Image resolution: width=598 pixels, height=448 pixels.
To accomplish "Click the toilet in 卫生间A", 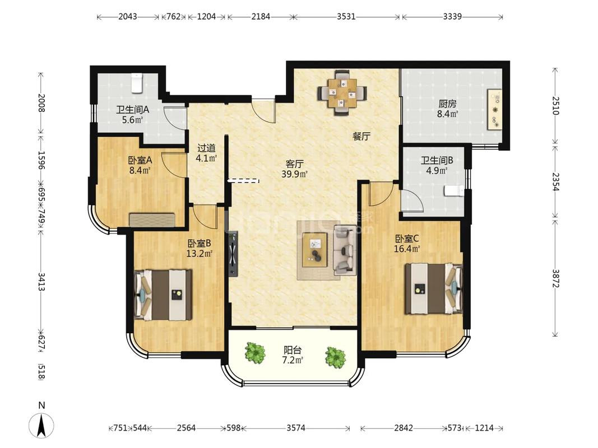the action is click(x=137, y=83).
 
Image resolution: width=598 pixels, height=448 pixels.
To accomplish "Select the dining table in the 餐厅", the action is click(x=342, y=92).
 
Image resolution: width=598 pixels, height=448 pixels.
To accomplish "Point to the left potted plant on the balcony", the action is click(x=255, y=352).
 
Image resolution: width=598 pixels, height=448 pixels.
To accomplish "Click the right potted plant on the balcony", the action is click(x=336, y=357).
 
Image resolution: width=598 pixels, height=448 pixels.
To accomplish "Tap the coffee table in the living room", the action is click(x=315, y=250).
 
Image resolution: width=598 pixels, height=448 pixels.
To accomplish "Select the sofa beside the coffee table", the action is click(x=345, y=250).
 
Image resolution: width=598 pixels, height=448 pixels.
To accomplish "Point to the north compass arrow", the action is click(x=41, y=425).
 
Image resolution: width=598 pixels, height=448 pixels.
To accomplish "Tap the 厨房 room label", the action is click(x=447, y=104).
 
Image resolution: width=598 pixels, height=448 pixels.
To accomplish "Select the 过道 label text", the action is click(x=206, y=148).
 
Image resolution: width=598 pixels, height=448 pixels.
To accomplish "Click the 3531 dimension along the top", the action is click(x=346, y=16).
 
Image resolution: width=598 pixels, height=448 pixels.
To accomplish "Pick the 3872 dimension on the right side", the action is click(x=555, y=278).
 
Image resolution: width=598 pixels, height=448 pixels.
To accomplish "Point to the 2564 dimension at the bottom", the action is click(x=187, y=428).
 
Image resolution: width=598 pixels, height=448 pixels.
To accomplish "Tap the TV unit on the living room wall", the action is click(x=233, y=254).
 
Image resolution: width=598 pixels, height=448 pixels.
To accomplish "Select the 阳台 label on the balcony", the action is click(x=293, y=349).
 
